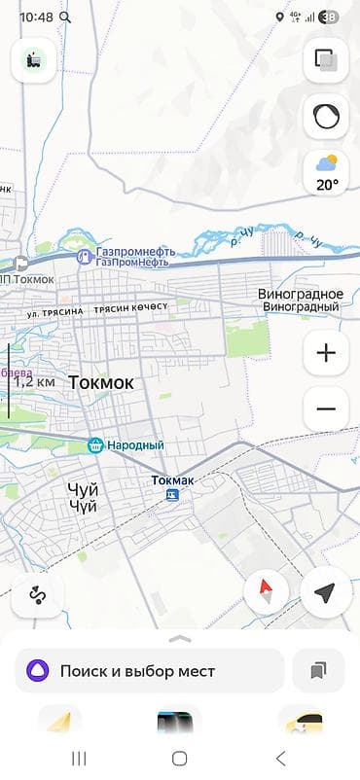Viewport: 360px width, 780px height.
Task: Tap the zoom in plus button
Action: coord(326,353)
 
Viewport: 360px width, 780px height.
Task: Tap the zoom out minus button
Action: coord(326,408)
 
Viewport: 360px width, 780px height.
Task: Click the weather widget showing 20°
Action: coord(326,173)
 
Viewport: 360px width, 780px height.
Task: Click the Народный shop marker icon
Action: coord(95,445)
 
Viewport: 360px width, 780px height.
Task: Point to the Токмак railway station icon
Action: coord(172,494)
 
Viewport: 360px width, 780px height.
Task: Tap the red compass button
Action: coord(266,592)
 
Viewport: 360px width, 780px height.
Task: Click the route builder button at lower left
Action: coord(38,592)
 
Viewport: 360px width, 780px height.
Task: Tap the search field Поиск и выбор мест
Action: coord(150,671)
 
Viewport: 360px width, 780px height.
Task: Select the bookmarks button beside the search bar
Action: coord(318,671)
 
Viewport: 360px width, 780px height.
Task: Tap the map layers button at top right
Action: coord(326,61)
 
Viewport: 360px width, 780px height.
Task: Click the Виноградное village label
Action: coord(301,294)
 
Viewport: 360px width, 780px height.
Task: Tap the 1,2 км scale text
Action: coord(35,381)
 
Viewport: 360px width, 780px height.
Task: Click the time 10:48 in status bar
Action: coord(36,17)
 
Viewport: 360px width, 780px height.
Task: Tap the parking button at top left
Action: coord(33,60)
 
